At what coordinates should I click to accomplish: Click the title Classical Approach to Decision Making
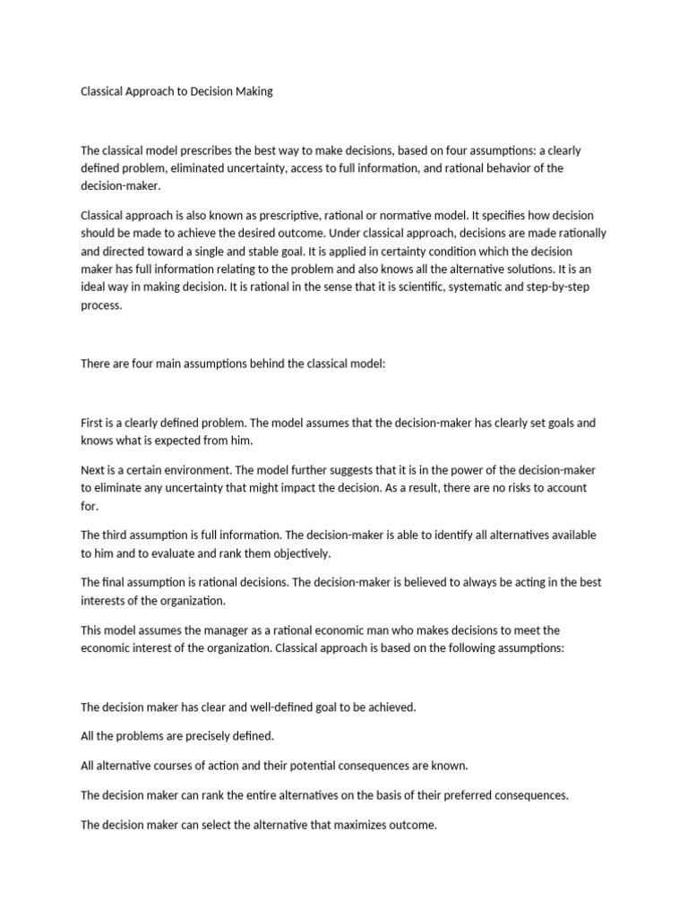tap(176, 92)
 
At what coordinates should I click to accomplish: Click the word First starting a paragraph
tap(93, 422)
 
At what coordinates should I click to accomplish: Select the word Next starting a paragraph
tap(94, 470)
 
